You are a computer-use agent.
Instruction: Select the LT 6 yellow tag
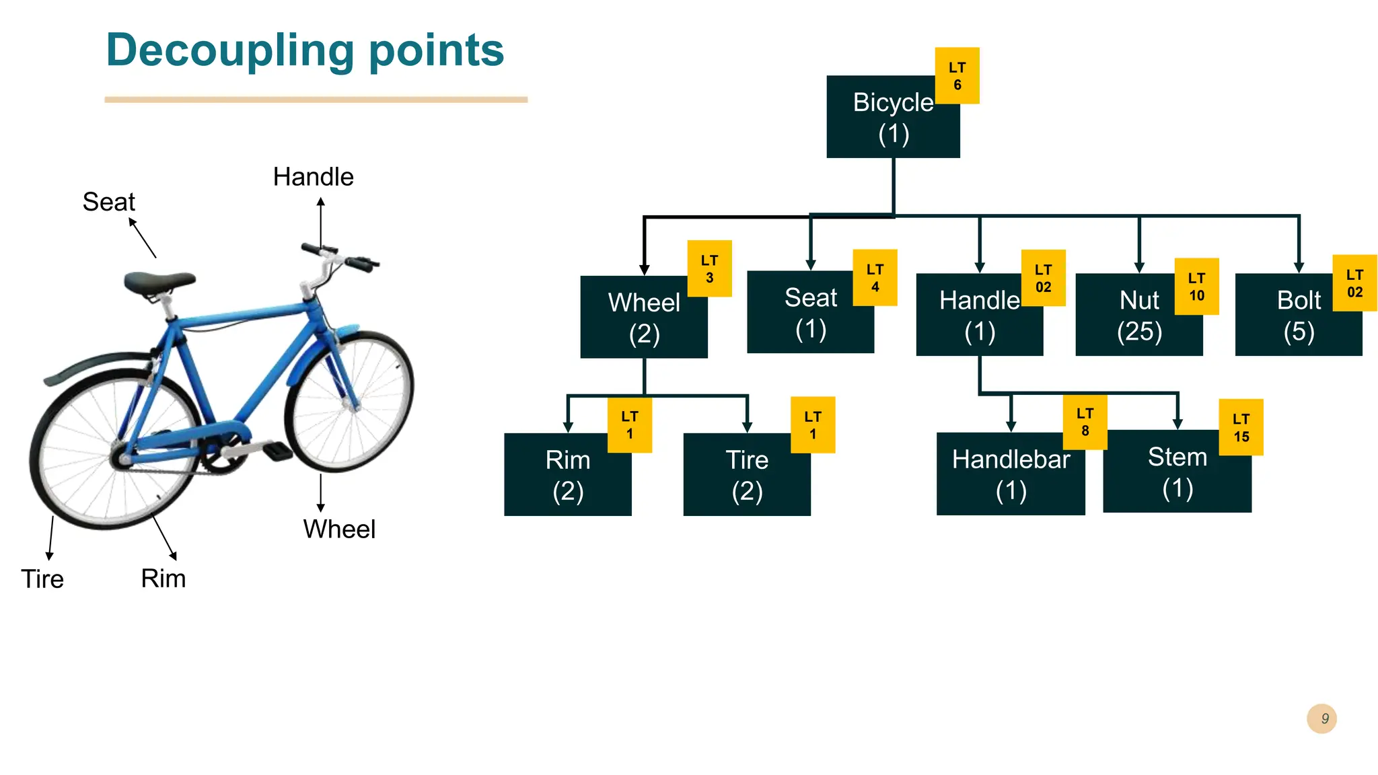pyautogui.click(x=957, y=76)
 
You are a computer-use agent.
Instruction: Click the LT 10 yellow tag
pyautogui.click(x=1196, y=287)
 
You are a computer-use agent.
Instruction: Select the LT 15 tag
pyautogui.click(x=1241, y=427)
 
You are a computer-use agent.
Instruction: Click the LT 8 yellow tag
pyautogui.click(x=1085, y=422)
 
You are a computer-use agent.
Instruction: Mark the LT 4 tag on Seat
pyautogui.click(x=875, y=278)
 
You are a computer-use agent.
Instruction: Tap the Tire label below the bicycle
pyautogui.click(x=42, y=579)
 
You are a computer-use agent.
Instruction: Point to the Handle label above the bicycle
pyautogui.click(x=313, y=177)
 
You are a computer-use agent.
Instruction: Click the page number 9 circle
pyautogui.click(x=1321, y=718)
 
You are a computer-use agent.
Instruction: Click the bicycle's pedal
pyautogui.click(x=277, y=450)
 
